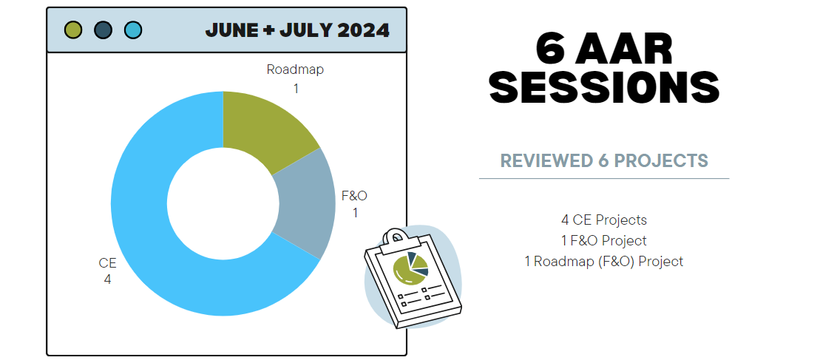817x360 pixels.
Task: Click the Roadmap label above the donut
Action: click(295, 69)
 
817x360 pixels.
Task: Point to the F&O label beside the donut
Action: click(354, 196)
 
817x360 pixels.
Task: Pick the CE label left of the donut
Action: click(107, 263)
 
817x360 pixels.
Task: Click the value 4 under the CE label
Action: click(107, 279)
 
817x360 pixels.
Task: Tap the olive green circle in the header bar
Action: click(73, 30)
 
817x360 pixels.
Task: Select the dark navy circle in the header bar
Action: click(104, 30)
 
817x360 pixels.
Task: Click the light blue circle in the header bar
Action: click(133, 30)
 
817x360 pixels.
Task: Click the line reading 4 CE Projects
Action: click(604, 220)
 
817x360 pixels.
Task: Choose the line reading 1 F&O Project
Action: click(604, 241)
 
